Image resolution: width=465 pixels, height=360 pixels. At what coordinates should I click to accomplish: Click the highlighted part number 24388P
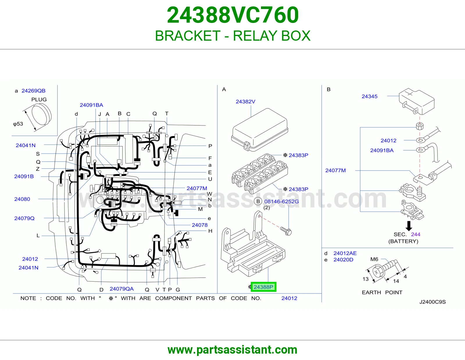point(263,287)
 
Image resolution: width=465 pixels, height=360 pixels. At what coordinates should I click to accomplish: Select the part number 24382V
point(246,102)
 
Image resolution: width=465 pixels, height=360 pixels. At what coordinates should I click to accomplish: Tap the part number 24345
point(369,96)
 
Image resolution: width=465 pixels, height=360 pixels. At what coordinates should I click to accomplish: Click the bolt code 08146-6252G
point(281,201)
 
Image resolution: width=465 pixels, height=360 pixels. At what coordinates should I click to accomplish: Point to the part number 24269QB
point(33,91)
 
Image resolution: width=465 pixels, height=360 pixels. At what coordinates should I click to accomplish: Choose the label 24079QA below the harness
point(121,289)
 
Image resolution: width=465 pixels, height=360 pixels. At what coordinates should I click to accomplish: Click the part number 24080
point(22,199)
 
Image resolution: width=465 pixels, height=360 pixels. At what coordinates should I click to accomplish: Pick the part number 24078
point(200,225)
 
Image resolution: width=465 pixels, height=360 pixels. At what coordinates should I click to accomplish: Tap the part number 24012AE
point(345,253)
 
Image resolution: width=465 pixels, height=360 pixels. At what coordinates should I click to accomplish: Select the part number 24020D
point(343,260)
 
